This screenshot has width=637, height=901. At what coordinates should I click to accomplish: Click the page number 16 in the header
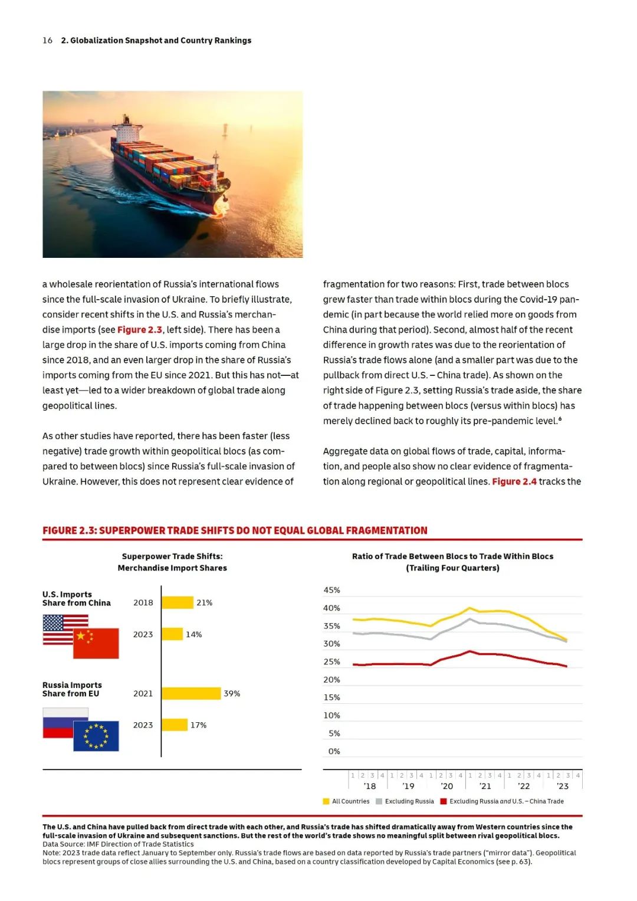pos(47,40)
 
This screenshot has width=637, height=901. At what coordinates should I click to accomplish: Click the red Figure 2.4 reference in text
pos(514,481)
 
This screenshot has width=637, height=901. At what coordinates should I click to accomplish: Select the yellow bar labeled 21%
pos(178,602)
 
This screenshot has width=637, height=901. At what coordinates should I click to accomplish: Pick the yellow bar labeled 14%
pos(172,634)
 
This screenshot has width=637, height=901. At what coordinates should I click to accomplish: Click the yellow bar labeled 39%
pos(191,693)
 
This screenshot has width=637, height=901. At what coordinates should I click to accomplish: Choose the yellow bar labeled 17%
pos(175,725)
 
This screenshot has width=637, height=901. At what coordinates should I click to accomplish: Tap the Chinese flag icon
pos(96,643)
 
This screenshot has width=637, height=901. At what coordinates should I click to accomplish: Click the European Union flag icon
pos(96,736)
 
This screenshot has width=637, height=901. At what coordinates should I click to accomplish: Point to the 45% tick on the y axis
pos(331,590)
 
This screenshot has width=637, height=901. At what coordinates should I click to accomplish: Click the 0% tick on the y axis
pos(334,751)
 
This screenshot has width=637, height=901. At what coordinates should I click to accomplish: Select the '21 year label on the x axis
pos(485,787)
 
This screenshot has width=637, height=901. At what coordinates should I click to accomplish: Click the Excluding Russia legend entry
pos(409,801)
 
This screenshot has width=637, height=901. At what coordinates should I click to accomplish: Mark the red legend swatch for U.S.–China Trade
pos(444,801)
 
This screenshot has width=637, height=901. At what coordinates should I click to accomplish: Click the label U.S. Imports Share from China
pos(76,598)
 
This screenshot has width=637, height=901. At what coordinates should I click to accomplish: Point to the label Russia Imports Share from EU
pos(72,689)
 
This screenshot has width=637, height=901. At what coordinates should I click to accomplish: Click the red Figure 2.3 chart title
pos(235,530)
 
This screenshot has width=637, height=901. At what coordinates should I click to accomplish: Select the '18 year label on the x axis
pos(370,787)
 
